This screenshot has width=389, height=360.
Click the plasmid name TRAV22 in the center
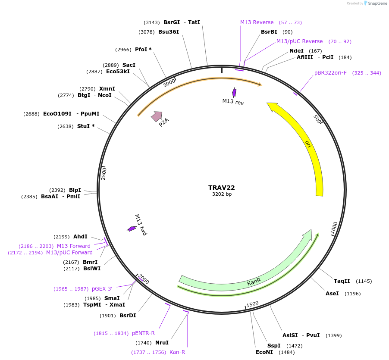pos(221,188)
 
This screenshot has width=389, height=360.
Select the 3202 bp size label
pos(222,194)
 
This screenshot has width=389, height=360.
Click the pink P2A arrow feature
pos(157,116)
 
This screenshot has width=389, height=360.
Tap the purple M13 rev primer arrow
pos(234,92)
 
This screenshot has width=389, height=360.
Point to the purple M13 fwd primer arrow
pos(132,229)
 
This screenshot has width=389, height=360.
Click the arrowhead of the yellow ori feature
pos(272,106)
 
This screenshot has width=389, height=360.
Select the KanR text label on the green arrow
pos(254,282)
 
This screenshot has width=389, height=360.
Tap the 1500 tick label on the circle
pos(252,304)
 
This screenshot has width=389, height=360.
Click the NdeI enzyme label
pos(296,50)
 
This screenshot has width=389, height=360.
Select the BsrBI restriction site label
pos(269,32)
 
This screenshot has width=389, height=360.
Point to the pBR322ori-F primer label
pos(330,73)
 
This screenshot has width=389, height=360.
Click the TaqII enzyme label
pos(342,281)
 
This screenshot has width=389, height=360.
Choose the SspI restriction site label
pos(274,346)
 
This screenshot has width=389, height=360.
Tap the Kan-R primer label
pos(177,352)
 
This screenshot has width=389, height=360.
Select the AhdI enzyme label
pos(80,237)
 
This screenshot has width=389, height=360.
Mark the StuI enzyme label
pos(85,126)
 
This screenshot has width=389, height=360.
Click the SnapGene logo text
pos(376,3)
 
